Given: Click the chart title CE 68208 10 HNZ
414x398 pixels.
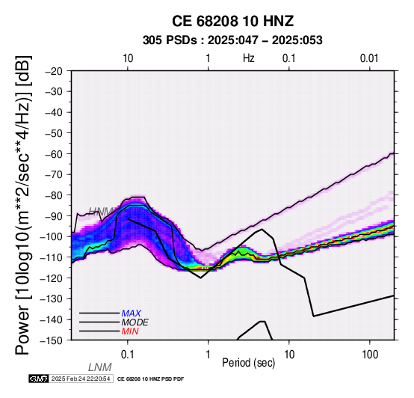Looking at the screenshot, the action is click(x=232, y=21).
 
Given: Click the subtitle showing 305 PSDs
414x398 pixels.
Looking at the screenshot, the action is click(x=232, y=40).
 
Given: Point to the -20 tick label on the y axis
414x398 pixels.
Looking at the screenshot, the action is click(x=54, y=71).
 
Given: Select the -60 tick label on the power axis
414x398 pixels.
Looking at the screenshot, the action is click(x=54, y=154).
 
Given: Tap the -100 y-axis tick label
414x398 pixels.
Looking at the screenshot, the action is click(x=52, y=236).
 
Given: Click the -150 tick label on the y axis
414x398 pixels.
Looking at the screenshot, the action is click(x=52, y=340).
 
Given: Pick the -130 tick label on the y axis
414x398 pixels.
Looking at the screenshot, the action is click(x=52, y=298).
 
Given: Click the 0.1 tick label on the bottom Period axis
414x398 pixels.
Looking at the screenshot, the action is click(x=128, y=355).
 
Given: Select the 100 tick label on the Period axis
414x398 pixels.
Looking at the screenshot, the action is click(x=370, y=355).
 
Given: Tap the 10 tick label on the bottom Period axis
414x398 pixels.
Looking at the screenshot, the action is click(x=289, y=355).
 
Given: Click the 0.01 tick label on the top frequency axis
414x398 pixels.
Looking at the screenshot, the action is click(x=369, y=58).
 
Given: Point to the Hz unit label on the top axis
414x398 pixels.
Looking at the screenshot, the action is click(x=249, y=58).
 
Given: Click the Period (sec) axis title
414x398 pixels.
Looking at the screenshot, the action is click(x=249, y=363).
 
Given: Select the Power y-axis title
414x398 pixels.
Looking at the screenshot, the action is click(x=22, y=205).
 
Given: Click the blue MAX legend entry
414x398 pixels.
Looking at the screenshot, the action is click(x=132, y=313).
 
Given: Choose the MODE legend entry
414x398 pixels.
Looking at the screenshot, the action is click(x=135, y=322).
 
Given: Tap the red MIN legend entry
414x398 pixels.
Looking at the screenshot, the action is click(x=130, y=331).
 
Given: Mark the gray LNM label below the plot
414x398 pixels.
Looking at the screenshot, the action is click(x=100, y=367).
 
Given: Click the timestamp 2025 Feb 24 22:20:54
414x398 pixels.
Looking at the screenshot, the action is click(x=81, y=379).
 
